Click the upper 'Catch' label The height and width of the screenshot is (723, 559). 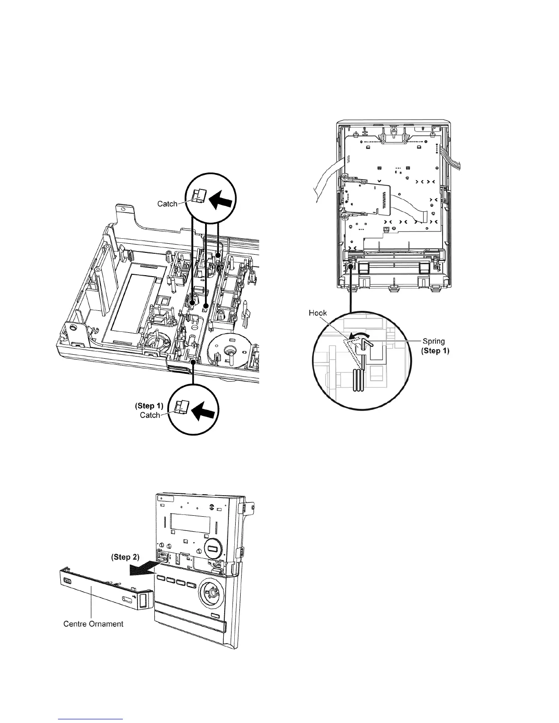tap(167, 204)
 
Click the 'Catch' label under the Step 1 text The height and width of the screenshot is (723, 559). tap(150, 415)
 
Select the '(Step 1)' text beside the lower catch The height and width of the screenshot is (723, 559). tap(149, 405)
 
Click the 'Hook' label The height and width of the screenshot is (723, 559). tap(318, 314)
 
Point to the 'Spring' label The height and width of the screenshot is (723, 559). tap(433, 341)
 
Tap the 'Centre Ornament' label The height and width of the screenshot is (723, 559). tap(93, 623)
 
